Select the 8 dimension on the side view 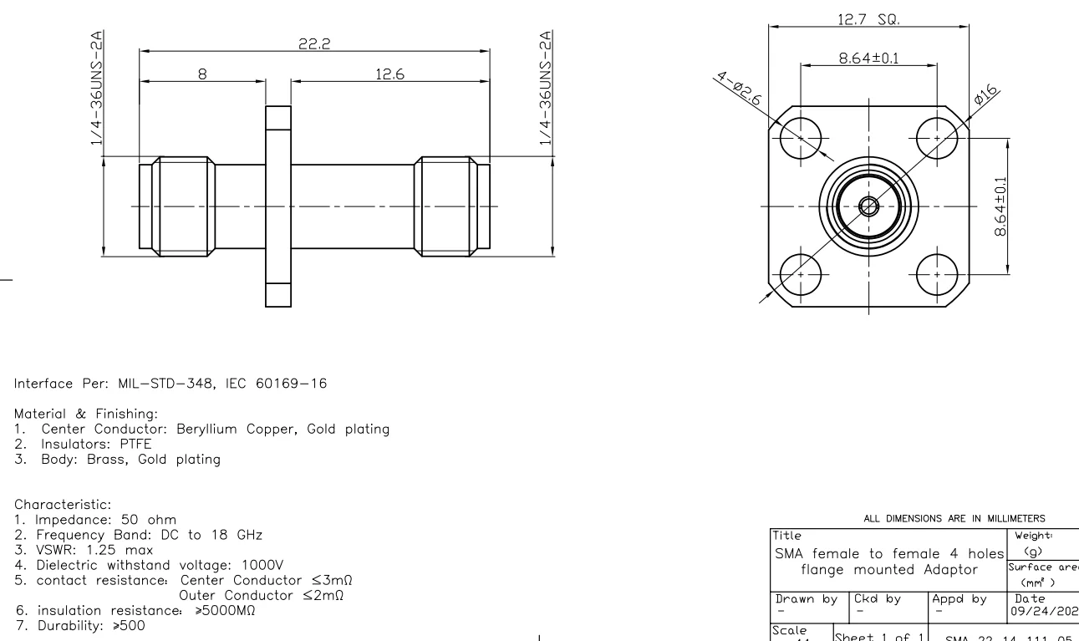point(201,74)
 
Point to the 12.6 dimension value point(389,74)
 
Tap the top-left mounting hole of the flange point(801,138)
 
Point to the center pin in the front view point(869,206)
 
